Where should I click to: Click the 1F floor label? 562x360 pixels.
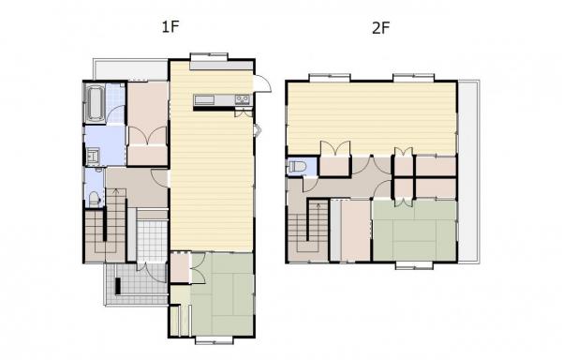170,27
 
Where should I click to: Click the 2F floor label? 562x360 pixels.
380,27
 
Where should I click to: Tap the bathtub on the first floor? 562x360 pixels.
95,103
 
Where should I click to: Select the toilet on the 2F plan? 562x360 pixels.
297,167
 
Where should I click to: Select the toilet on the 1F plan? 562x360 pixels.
94,200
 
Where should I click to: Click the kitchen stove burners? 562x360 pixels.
243,99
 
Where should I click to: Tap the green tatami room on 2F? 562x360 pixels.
415,231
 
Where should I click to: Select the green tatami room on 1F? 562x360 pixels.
222,294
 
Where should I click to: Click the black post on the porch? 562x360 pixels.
118,286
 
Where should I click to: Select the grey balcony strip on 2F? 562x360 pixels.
469,172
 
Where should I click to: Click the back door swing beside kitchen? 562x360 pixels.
262,84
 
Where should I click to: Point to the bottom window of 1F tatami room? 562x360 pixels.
214,340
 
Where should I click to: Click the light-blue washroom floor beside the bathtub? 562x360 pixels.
115,104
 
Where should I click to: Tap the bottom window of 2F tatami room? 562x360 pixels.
415,265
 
